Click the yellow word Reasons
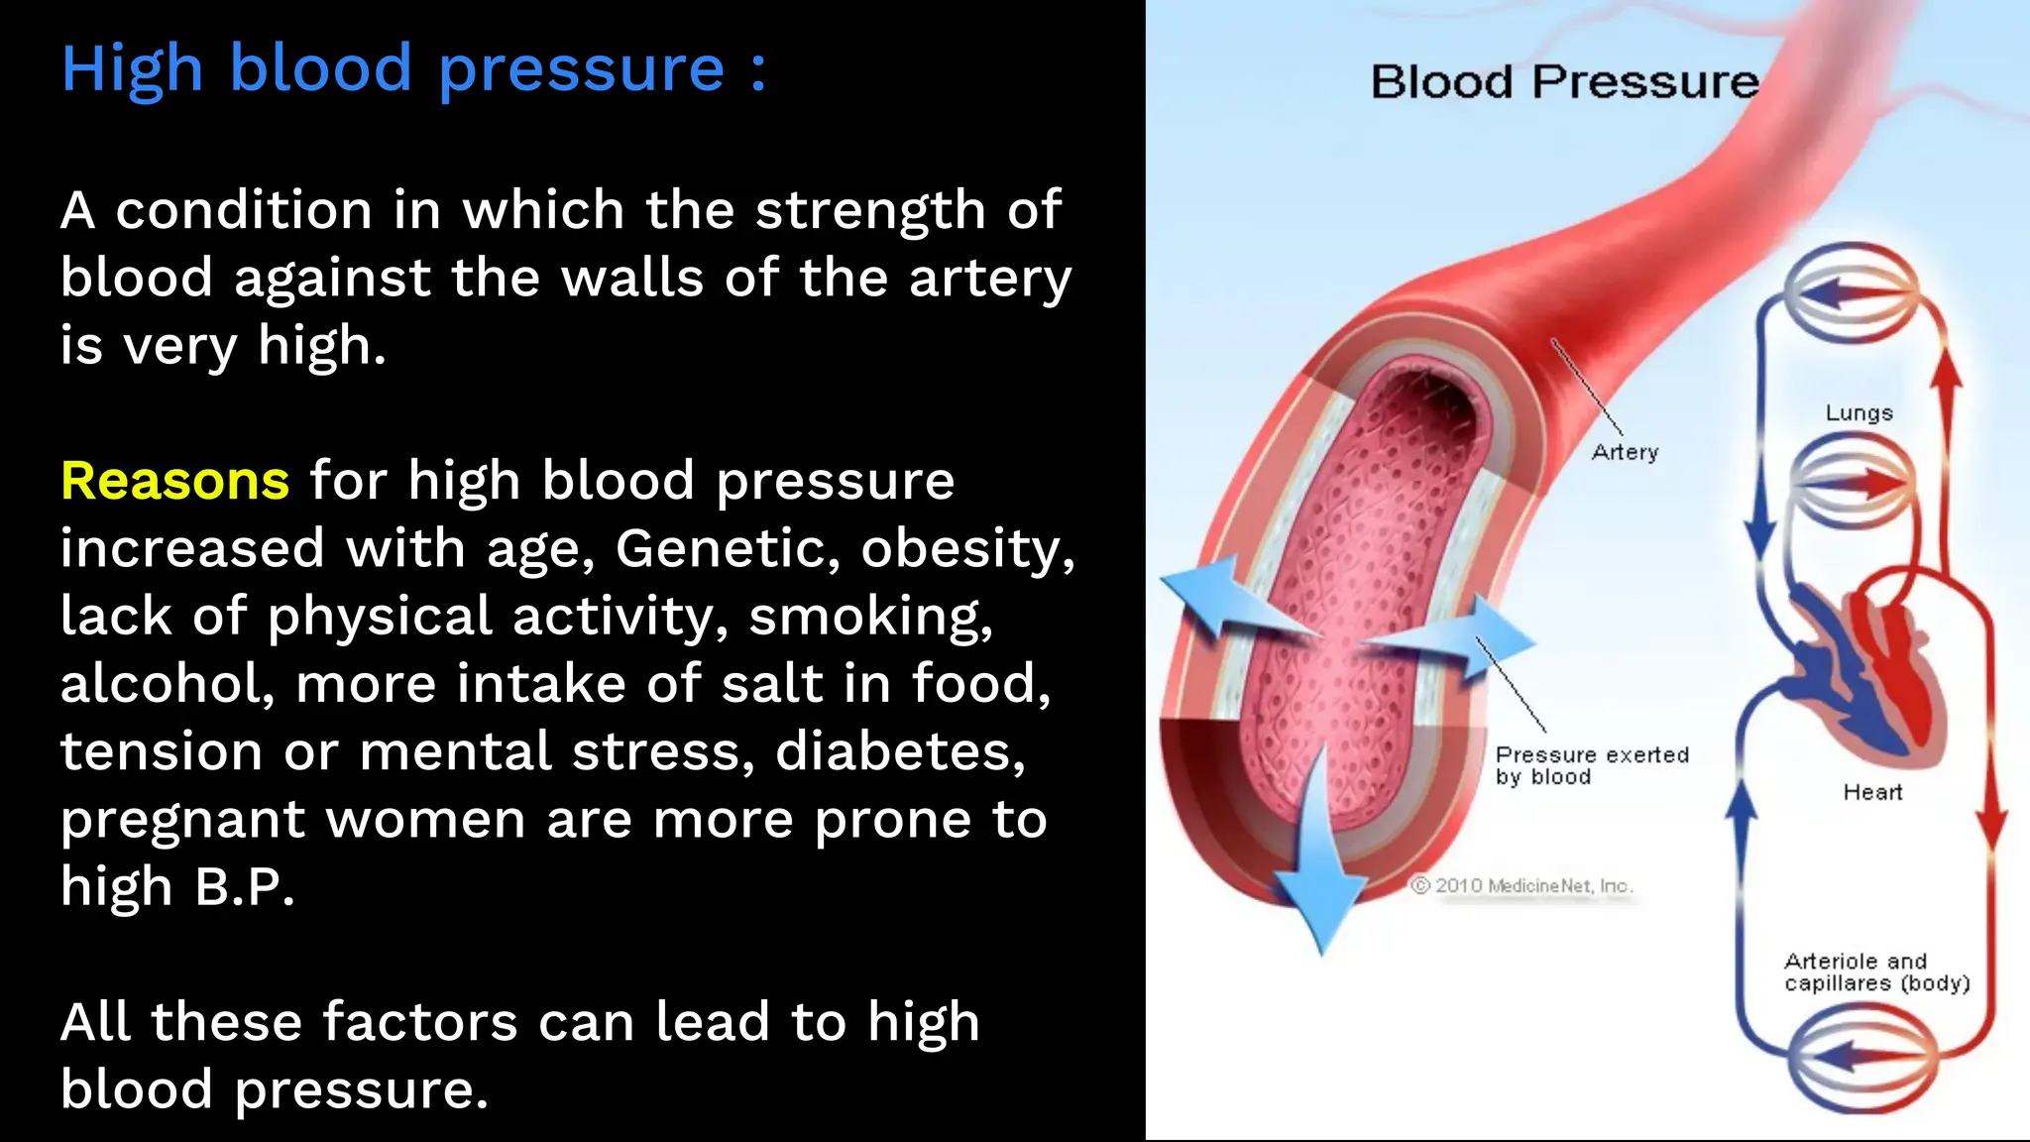click(x=174, y=482)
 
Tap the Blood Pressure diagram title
click(x=1564, y=81)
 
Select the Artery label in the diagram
click(x=1625, y=452)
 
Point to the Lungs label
click(x=1859, y=413)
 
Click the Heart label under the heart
click(x=1872, y=792)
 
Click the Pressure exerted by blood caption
click(x=1591, y=765)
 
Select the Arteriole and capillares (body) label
click(x=1875, y=971)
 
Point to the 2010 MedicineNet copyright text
click(x=1522, y=885)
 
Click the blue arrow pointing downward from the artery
click(x=1319, y=872)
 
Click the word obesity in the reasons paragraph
click(x=966, y=549)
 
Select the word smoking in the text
click(x=870, y=617)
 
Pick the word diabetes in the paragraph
click(x=899, y=751)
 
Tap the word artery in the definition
click(x=990, y=279)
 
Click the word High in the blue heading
click(x=132, y=69)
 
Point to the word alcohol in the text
click(x=166, y=684)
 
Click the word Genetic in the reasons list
click(x=728, y=549)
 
